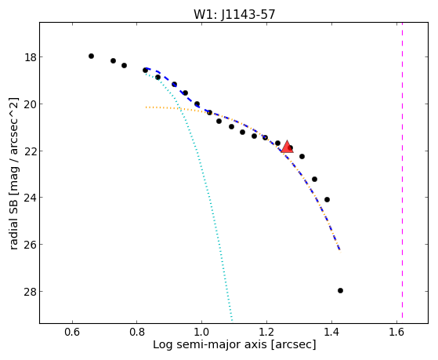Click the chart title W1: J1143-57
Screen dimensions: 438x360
tap(234, 14)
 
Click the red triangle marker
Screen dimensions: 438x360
tap(287, 147)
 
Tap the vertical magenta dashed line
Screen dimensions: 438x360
tap(402, 170)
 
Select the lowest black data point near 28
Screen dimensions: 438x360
tap(340, 291)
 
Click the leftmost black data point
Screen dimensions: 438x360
tap(91, 56)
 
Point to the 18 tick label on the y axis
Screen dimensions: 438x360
tap(30, 57)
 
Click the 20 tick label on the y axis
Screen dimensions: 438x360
tap(30, 104)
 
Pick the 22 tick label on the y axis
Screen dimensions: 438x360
tap(30, 151)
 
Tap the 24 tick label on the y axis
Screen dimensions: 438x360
tap(30, 198)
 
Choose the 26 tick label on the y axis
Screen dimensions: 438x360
tap(30, 245)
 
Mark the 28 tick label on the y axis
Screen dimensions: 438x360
tap(30, 292)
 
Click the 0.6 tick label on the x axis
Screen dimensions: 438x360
tap(72, 332)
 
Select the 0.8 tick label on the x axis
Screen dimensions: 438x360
tap(137, 332)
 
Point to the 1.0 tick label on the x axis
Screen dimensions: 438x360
tap(201, 332)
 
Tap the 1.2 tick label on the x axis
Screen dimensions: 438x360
tap(266, 332)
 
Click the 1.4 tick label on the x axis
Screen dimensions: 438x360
tap(331, 332)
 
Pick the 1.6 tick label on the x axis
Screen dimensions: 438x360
tap(396, 332)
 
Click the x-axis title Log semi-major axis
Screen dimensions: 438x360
tap(210, 344)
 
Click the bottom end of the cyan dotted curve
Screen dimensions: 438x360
tap(232, 321)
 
